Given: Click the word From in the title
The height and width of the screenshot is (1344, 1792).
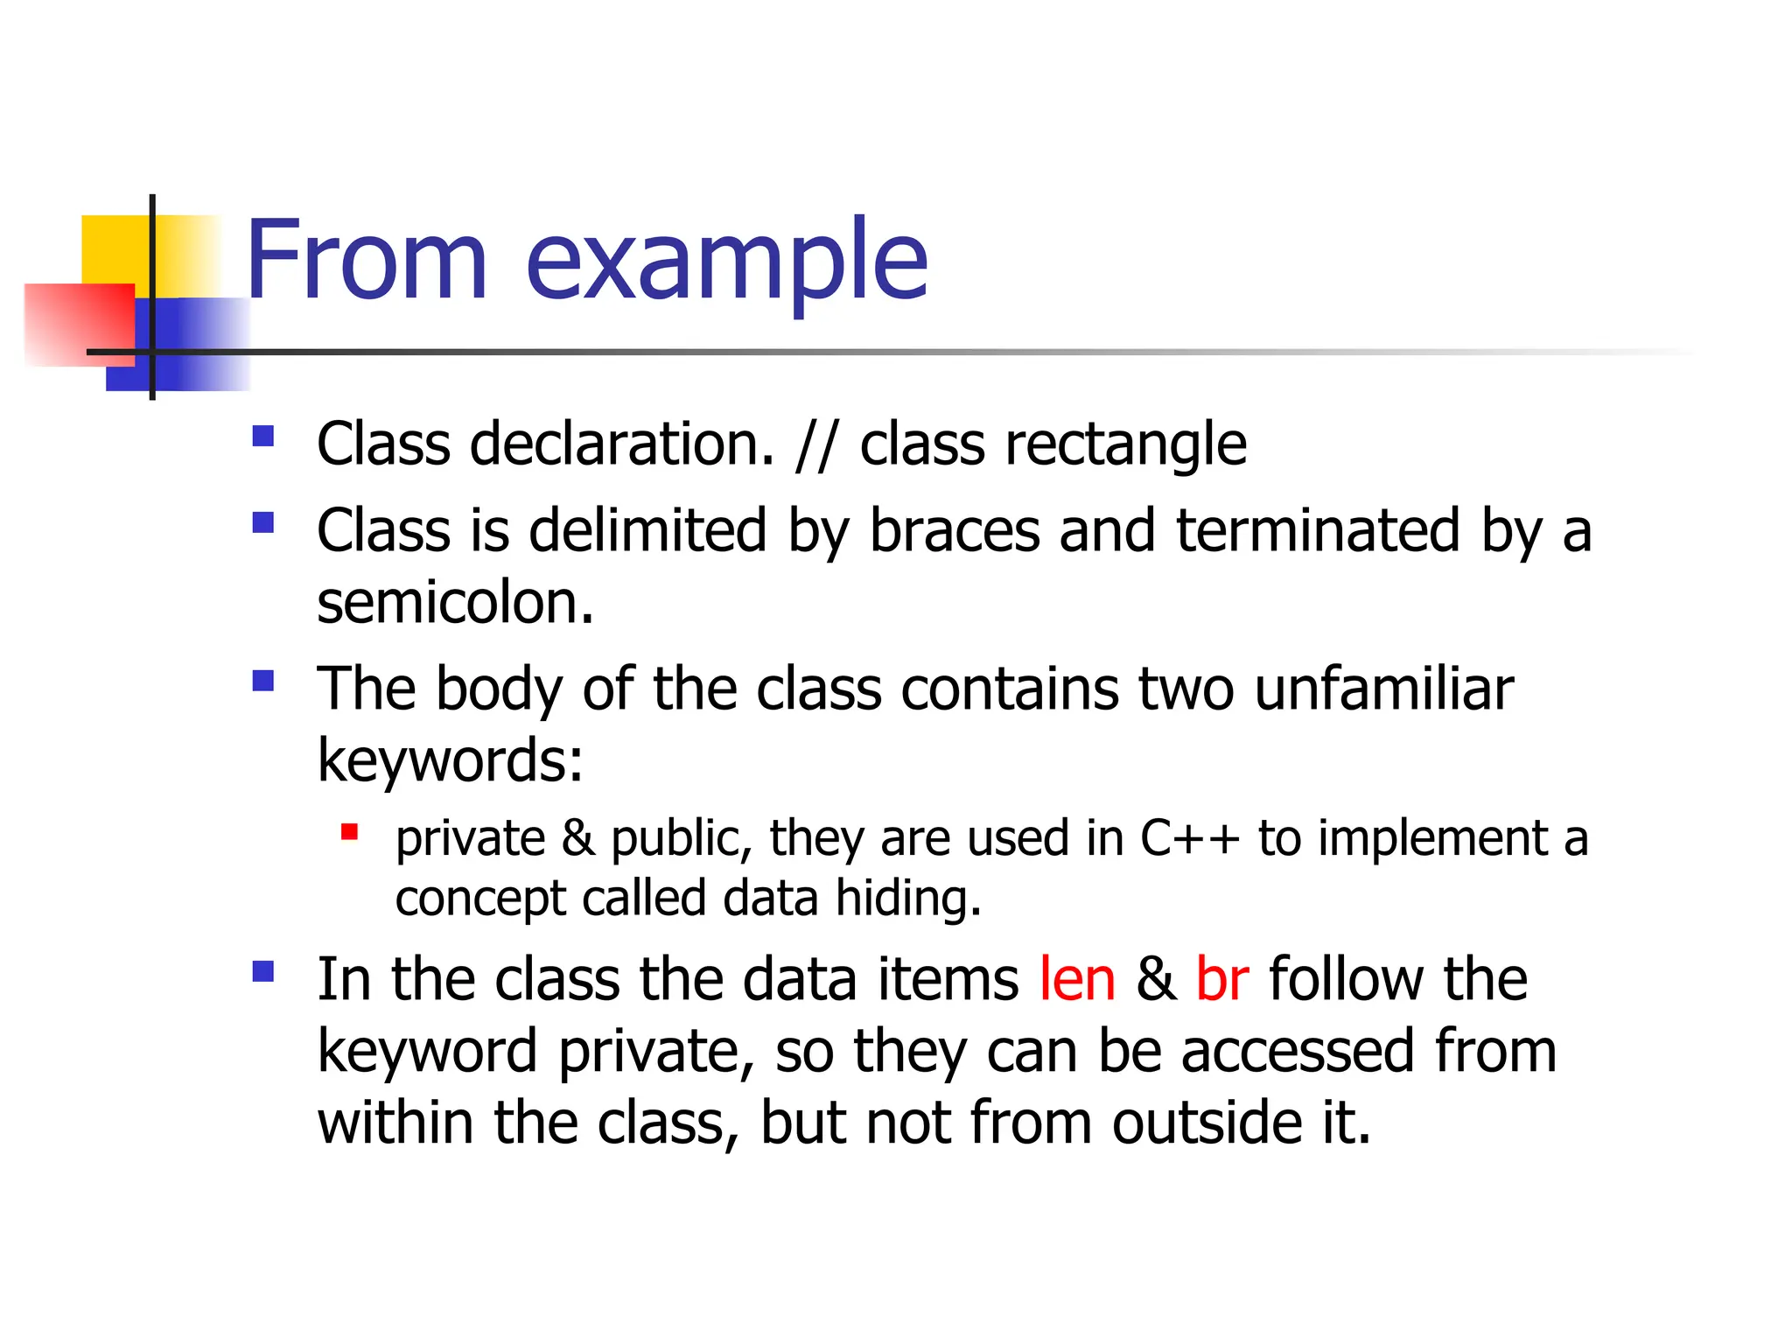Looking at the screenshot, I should [366, 261].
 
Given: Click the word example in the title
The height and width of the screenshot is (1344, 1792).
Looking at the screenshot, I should [726, 262].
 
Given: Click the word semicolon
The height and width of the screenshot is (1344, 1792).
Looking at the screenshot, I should [455, 603].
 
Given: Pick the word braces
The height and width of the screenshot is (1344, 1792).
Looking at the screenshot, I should [955, 530].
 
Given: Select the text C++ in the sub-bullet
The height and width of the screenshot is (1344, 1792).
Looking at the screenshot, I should [1190, 838].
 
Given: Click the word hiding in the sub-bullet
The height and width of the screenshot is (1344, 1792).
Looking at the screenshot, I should [908, 899].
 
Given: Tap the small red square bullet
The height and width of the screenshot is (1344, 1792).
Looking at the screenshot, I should [350, 831].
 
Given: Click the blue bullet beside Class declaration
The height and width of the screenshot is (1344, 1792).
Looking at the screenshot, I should [262, 436].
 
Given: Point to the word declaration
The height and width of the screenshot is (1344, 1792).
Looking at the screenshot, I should [622, 444].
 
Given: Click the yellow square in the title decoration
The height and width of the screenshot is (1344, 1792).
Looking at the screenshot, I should [114, 248].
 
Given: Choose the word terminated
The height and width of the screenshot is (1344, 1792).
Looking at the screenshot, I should [1318, 530].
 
